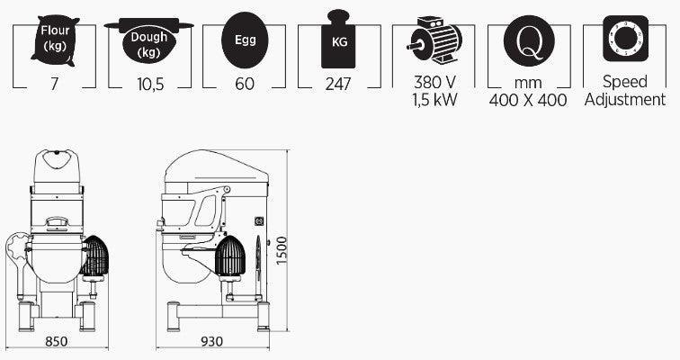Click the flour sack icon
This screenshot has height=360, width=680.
coord(55,40)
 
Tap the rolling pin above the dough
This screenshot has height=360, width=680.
coord(148,25)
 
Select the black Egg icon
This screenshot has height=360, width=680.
coord(245,40)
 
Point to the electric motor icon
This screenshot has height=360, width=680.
coord(434,40)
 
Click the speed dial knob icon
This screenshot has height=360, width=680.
coord(625,39)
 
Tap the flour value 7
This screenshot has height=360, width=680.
coord(54,84)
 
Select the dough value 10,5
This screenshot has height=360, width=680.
coord(150,84)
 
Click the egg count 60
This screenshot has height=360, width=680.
coord(245,84)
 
